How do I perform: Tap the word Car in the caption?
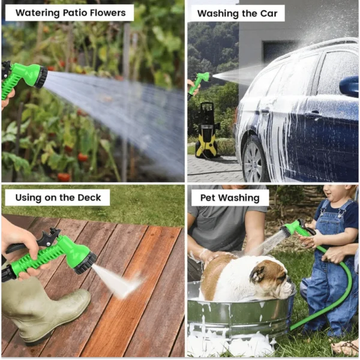tap(269, 14)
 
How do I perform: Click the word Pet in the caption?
tap(208, 197)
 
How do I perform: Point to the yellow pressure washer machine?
tap(206, 130)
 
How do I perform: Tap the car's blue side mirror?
tap(349, 86)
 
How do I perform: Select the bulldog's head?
tap(272, 279)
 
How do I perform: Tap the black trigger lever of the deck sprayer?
tap(49, 238)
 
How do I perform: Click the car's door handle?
tap(314, 113)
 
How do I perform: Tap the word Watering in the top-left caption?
tap(37, 13)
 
